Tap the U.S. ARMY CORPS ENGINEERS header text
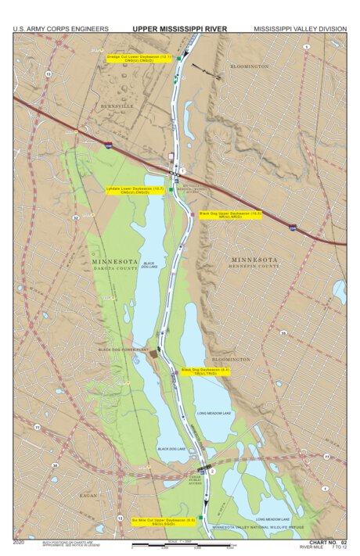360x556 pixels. point(61,29)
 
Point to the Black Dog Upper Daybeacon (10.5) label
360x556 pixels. point(229,214)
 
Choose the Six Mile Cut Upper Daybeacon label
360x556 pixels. point(163,521)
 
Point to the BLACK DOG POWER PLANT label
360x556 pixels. point(124,350)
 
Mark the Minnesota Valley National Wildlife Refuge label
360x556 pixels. point(248,528)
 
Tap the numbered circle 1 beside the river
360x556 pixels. point(182,170)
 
